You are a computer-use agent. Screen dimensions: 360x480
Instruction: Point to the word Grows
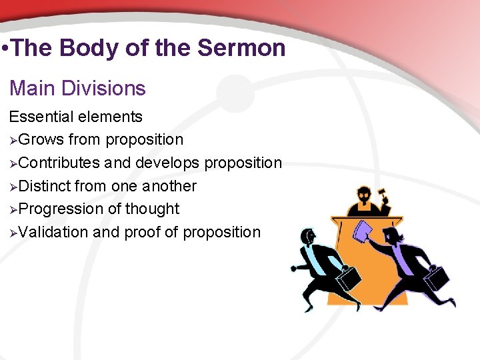[x=41, y=140]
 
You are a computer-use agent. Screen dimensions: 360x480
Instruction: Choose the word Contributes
[x=59, y=163]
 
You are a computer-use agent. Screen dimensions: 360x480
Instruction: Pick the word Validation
[x=54, y=233]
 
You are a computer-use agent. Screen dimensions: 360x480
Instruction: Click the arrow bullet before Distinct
[x=13, y=186]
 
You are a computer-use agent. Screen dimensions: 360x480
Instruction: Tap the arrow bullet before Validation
[x=13, y=233]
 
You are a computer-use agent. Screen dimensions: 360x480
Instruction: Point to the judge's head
[x=365, y=198]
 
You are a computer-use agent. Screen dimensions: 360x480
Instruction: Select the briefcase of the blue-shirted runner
[x=347, y=275]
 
